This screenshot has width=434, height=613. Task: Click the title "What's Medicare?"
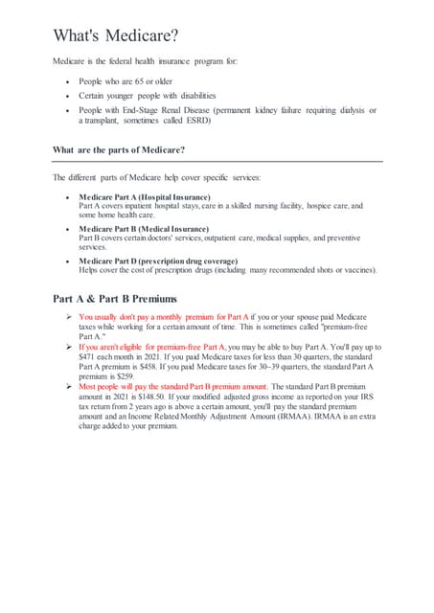(116, 35)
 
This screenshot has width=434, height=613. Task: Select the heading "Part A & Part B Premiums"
(115, 298)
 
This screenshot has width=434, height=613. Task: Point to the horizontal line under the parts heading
(217, 162)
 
